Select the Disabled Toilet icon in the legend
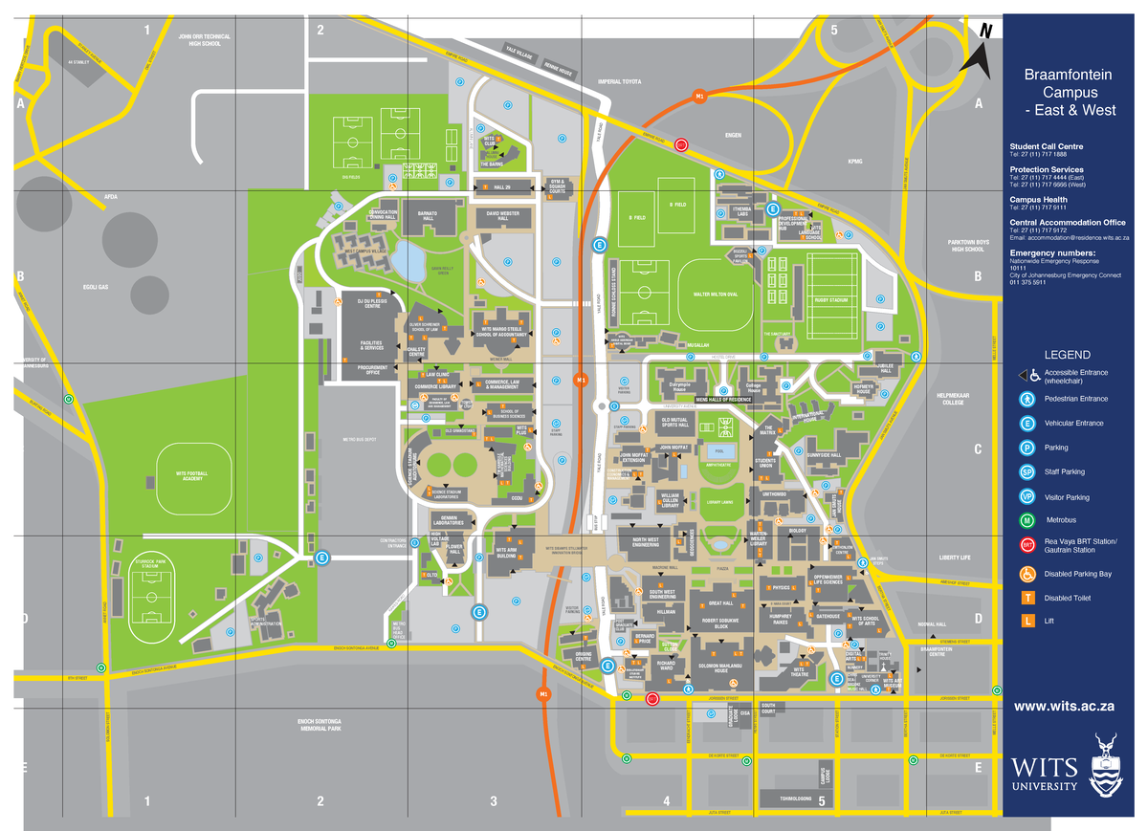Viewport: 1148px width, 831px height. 1027,598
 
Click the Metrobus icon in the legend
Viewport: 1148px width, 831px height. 1027,521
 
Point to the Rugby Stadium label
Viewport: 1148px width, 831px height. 831,300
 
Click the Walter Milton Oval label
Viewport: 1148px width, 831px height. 709,295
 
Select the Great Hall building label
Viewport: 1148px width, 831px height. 720,603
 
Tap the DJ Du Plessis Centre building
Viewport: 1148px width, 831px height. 370,304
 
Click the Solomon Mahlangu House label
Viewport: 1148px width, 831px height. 720,667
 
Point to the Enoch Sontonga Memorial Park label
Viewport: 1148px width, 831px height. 320,724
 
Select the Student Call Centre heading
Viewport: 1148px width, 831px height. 1047,146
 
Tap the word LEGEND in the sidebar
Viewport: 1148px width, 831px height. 1067,355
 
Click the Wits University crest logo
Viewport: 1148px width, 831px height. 1108,763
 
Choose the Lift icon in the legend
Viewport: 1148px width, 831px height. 1027,623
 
